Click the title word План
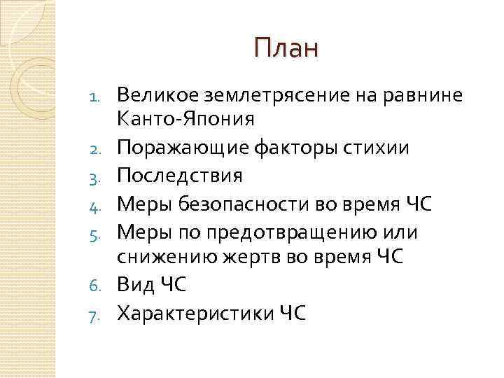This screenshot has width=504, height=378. [x=286, y=48]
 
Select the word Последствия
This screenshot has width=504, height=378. [x=180, y=175]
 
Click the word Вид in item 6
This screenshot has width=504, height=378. [x=135, y=284]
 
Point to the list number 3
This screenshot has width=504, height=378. [x=101, y=176]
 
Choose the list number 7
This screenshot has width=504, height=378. [x=101, y=313]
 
